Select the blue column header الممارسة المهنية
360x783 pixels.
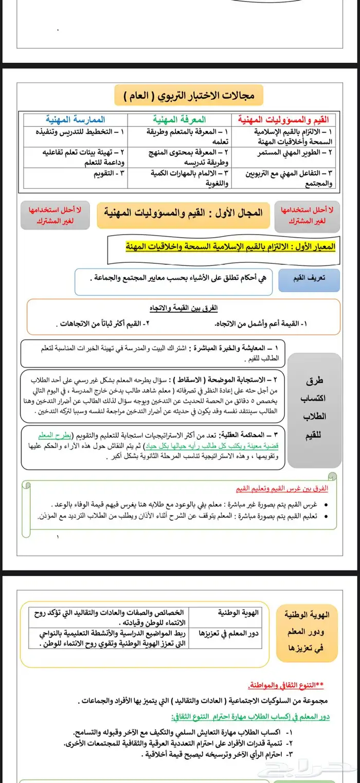tap(75, 119)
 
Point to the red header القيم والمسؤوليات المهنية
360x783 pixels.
tap(283, 119)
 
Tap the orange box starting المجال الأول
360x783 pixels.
tap(183, 212)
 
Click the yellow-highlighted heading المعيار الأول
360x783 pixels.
tap(231, 247)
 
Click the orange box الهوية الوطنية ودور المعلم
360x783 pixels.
tap(307, 632)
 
